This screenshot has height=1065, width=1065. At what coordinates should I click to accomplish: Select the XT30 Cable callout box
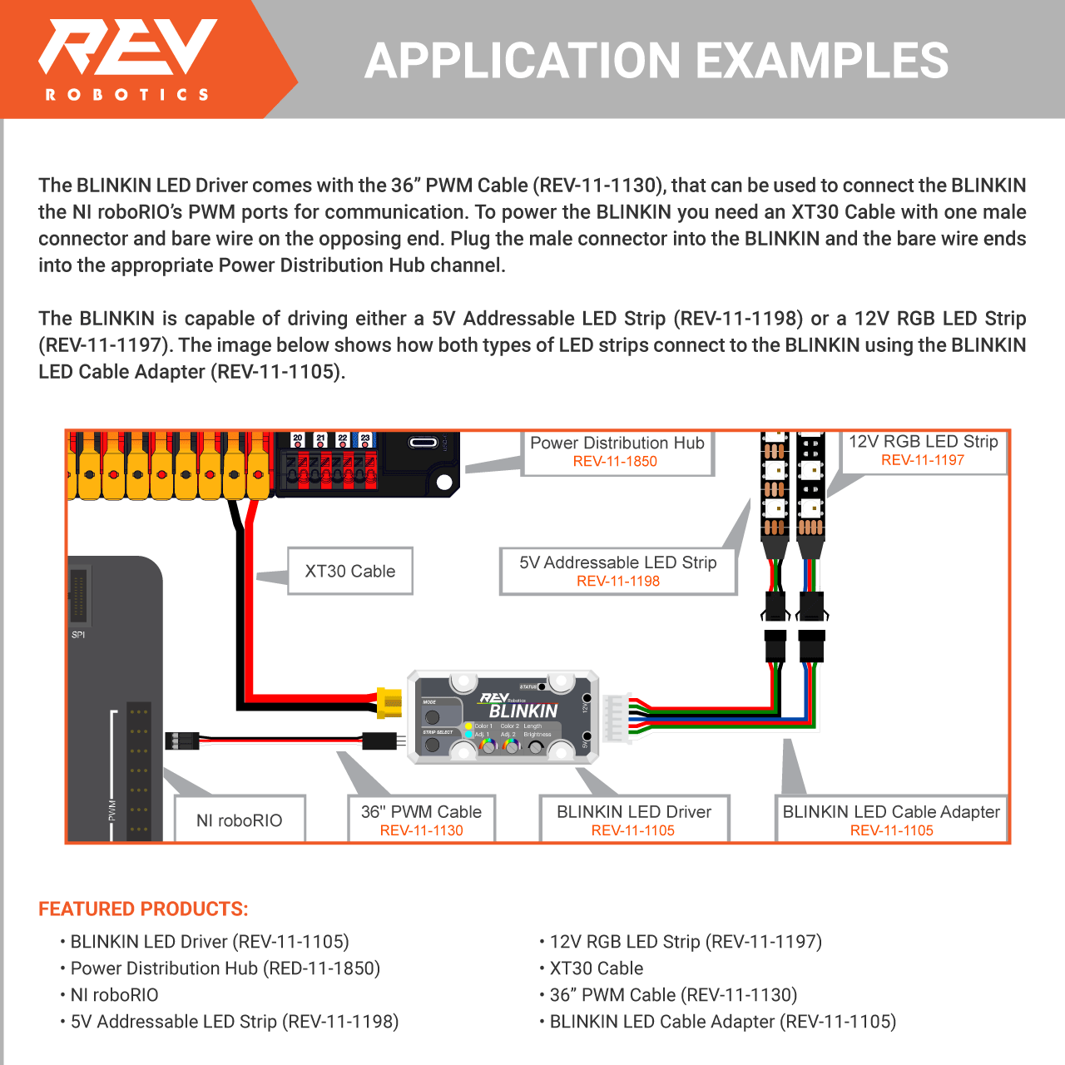[349, 571]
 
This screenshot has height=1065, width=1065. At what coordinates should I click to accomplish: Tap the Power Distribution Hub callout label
[617, 452]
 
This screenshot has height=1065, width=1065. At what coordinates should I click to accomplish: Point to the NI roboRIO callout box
[240, 820]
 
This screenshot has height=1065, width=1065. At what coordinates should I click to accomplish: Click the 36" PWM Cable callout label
[421, 820]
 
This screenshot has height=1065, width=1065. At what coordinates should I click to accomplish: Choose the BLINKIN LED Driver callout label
[634, 820]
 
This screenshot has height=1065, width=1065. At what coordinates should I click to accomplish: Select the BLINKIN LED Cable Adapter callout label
[891, 820]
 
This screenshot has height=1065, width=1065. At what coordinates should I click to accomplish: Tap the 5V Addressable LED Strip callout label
[618, 571]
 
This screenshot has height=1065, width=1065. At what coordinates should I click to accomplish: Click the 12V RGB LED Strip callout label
[923, 450]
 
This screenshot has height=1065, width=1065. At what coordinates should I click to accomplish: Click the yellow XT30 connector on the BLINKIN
[389, 702]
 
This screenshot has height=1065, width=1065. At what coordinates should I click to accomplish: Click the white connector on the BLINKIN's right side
[616, 715]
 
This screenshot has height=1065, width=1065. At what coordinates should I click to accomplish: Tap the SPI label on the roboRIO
[78, 635]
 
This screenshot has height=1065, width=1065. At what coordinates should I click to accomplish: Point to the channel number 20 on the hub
[297, 438]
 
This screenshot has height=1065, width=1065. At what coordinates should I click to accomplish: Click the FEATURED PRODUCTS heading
[143, 909]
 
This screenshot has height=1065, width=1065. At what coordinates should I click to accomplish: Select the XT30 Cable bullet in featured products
[596, 968]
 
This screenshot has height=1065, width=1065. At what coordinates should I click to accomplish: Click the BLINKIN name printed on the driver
[523, 711]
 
